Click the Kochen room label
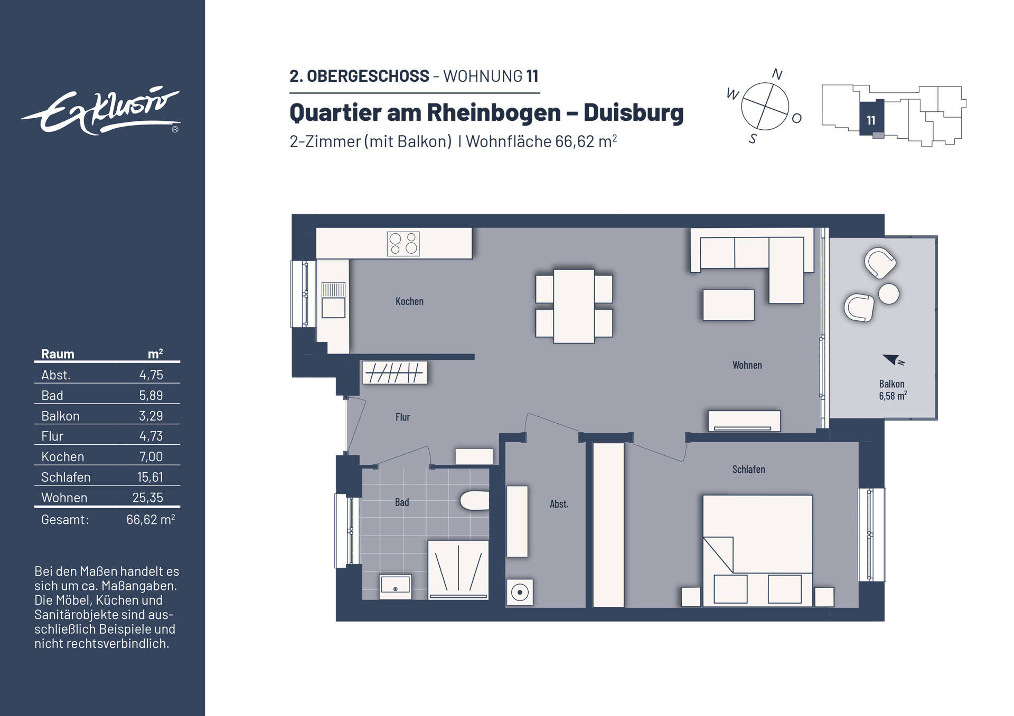click(x=409, y=301)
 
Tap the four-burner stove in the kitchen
click(x=403, y=244)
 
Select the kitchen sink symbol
click(x=333, y=300)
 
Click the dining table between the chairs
click(x=574, y=306)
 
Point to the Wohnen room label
click(x=747, y=365)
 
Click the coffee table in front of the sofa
click(x=728, y=304)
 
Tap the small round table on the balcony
click(x=889, y=294)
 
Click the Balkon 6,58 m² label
click(x=893, y=390)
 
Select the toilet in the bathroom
click(x=474, y=501)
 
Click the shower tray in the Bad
click(x=458, y=569)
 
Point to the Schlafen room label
click(x=748, y=469)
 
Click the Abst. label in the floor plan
click(x=559, y=504)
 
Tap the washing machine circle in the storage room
click(x=520, y=592)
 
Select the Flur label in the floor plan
click(x=402, y=417)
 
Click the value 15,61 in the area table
click(x=150, y=477)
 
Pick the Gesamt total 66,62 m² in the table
click(x=150, y=520)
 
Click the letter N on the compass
click(x=776, y=74)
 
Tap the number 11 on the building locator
click(x=871, y=120)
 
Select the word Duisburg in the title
click(x=633, y=112)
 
